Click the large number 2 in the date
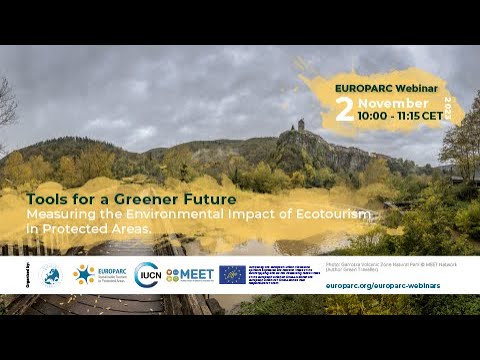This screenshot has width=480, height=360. [x=345, y=108]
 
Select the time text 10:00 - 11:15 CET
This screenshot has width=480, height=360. [x=400, y=116]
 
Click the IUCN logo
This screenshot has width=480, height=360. [x=147, y=274]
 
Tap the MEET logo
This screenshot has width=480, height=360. [x=187, y=274]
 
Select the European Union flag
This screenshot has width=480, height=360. [x=232, y=274]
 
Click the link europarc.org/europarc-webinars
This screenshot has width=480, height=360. [x=383, y=285]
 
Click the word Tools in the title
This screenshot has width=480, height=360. [x=45, y=198]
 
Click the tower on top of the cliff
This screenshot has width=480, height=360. [x=299, y=126]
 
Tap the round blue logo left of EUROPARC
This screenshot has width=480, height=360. [x=51, y=274]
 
